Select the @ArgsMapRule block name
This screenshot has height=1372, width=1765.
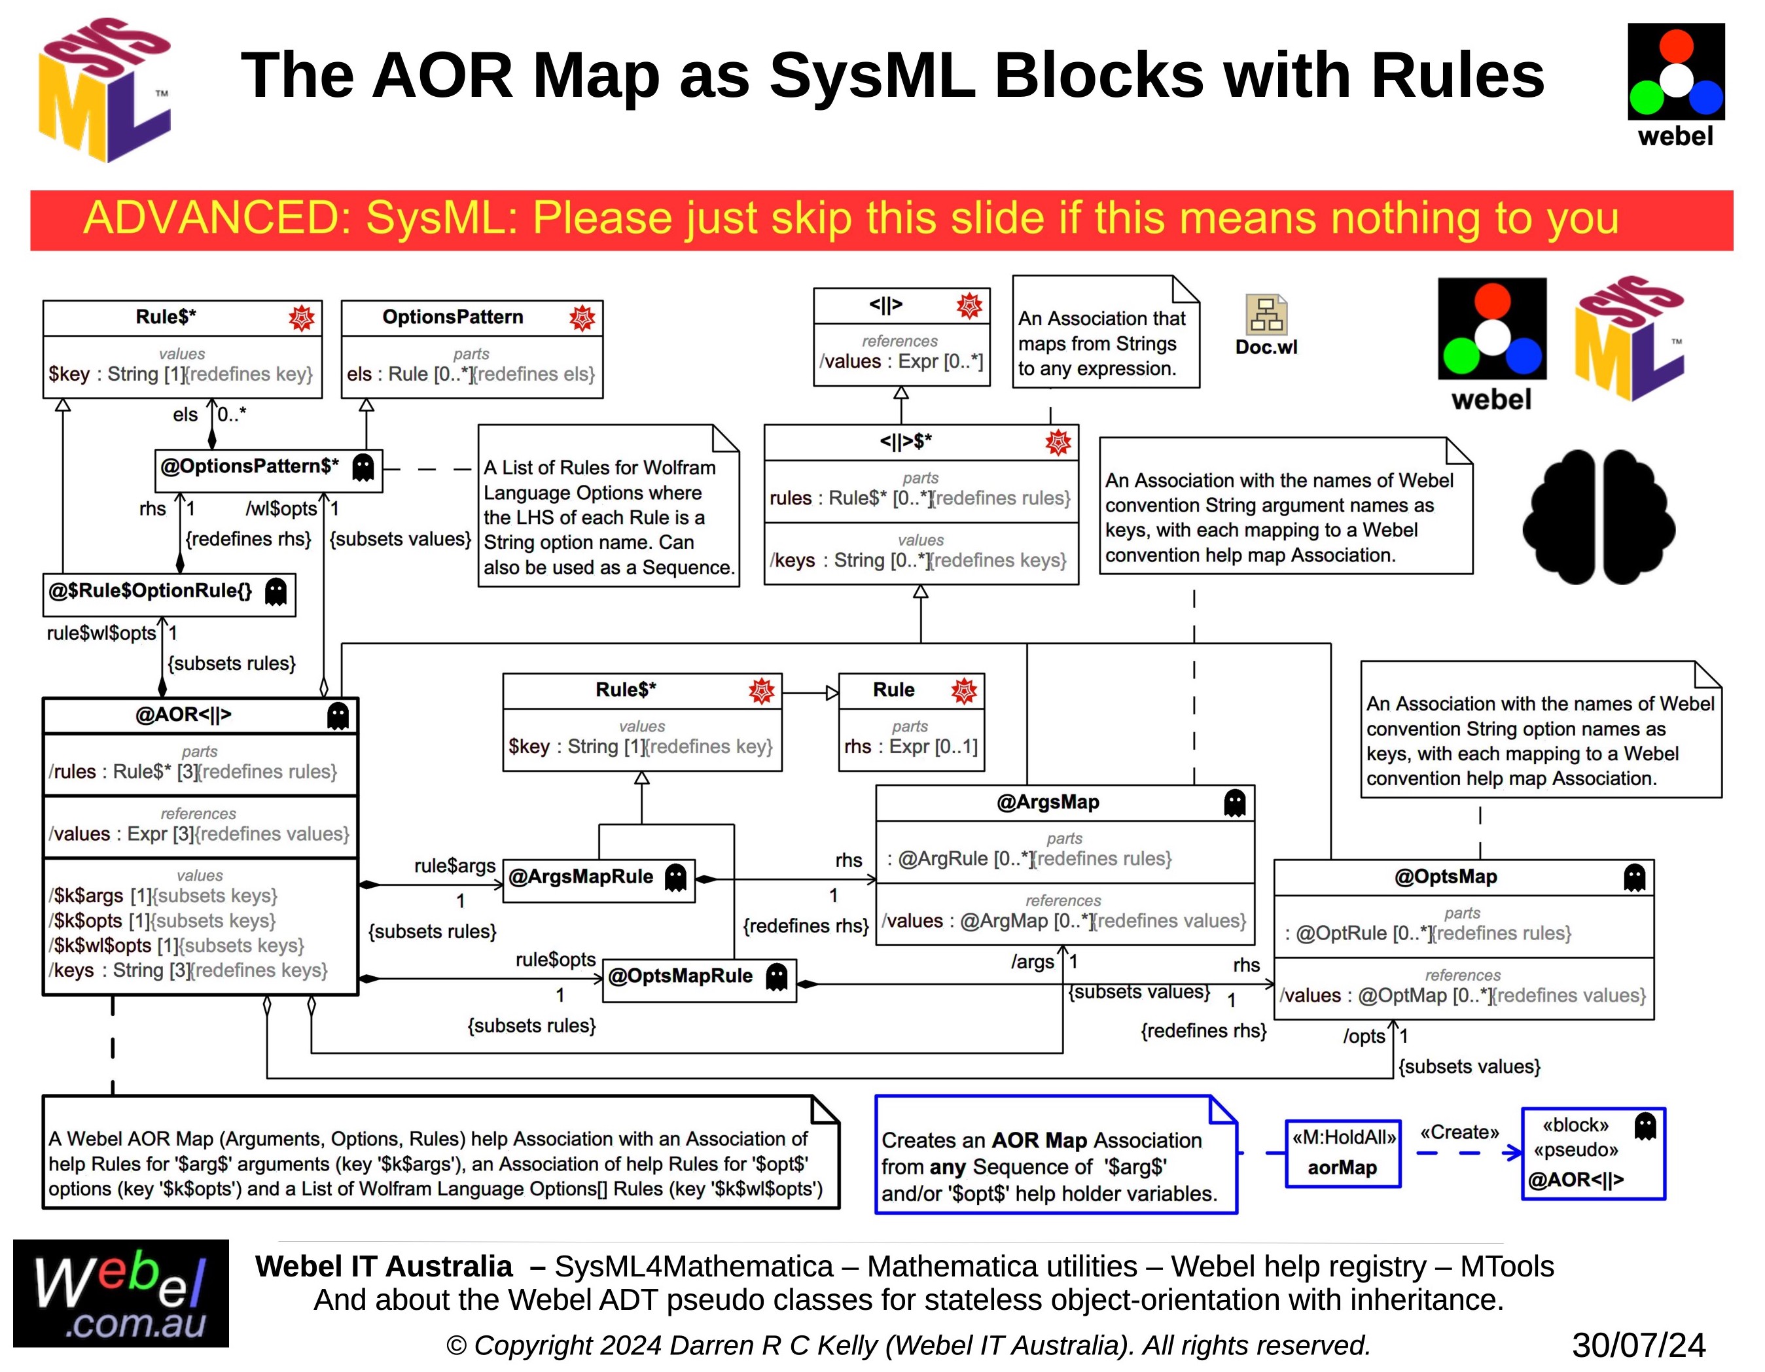tap(580, 877)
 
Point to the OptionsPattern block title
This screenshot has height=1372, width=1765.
tap(453, 317)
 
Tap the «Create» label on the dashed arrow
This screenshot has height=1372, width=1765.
tap(1459, 1133)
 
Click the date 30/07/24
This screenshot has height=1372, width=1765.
tap(1638, 1345)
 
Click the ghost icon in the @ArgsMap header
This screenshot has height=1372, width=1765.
tap(1234, 803)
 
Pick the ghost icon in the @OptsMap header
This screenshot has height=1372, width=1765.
tap(1634, 877)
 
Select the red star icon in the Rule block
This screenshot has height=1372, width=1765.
tap(963, 691)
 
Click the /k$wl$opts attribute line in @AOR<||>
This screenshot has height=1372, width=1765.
tap(176, 946)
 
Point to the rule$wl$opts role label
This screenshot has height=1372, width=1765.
tap(101, 633)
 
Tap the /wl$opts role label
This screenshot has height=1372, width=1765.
tap(281, 509)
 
